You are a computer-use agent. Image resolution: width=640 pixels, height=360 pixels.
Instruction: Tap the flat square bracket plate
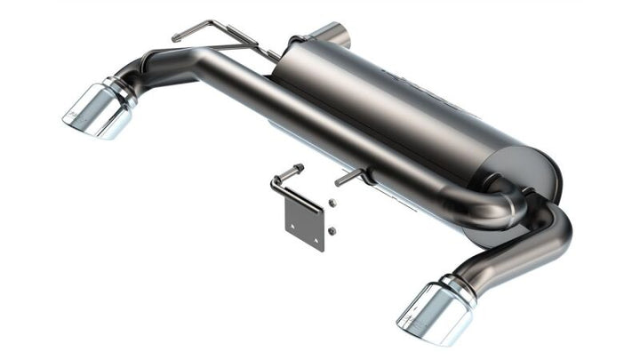pyautogui.click(x=300, y=217)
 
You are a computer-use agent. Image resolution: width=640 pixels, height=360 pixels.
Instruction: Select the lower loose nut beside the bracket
pyautogui.click(x=331, y=230)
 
